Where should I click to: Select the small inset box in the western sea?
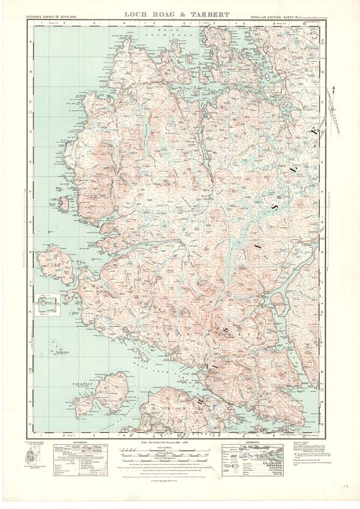click(x=49, y=303)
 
